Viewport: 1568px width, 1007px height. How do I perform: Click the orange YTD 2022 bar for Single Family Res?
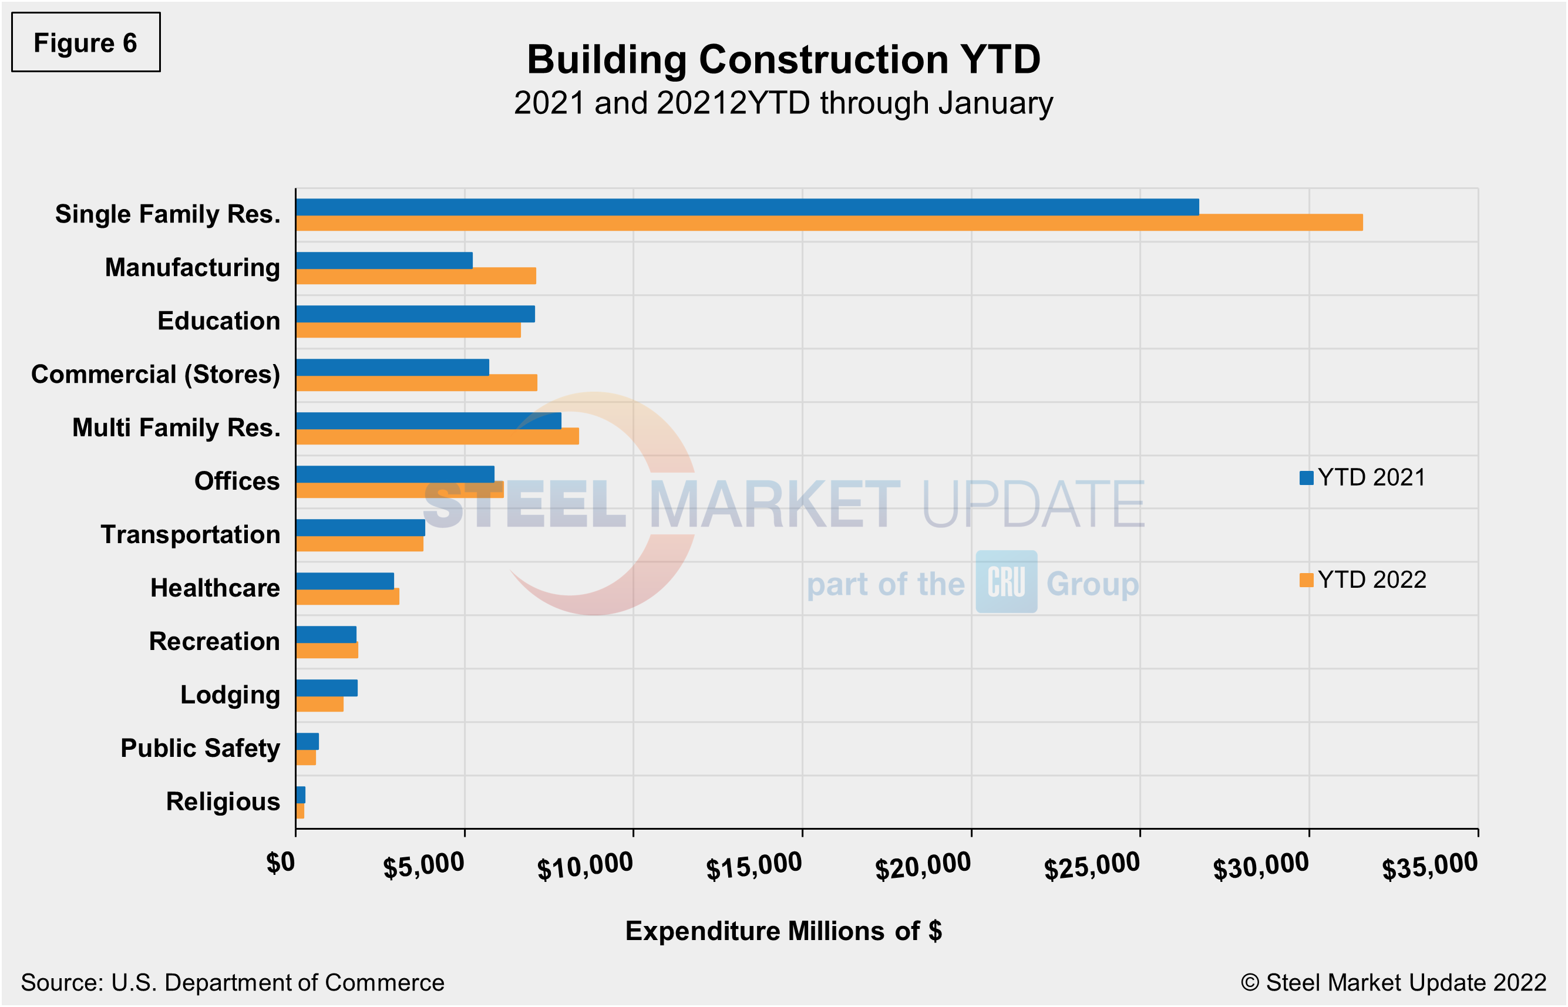829,223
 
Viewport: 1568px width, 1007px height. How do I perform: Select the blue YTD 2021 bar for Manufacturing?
384,260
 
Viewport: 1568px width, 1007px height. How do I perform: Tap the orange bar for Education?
408,330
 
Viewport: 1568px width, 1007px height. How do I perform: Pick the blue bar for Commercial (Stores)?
392,368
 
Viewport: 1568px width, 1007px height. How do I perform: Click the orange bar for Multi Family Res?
437,437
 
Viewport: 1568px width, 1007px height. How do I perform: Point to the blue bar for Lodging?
327,688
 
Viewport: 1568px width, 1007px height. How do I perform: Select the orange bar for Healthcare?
347,597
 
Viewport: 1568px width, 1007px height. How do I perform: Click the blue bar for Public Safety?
307,742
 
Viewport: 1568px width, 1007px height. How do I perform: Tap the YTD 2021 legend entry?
1362,478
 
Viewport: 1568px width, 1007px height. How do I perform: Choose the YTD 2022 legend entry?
1362,580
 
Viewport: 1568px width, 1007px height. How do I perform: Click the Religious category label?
223,801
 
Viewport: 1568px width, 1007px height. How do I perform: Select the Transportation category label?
190,535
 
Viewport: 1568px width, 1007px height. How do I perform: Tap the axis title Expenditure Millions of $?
783,931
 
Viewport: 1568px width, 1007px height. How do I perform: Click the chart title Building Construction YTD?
783,60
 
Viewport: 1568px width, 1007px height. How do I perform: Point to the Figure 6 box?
86,42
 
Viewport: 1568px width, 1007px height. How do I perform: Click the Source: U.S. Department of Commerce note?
233,983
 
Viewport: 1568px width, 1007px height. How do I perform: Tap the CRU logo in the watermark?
1007,581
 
